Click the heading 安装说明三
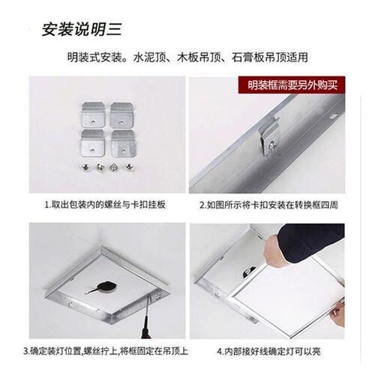click(x=82, y=31)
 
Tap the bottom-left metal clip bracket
click(x=93, y=141)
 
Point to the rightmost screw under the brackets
click(x=125, y=166)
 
